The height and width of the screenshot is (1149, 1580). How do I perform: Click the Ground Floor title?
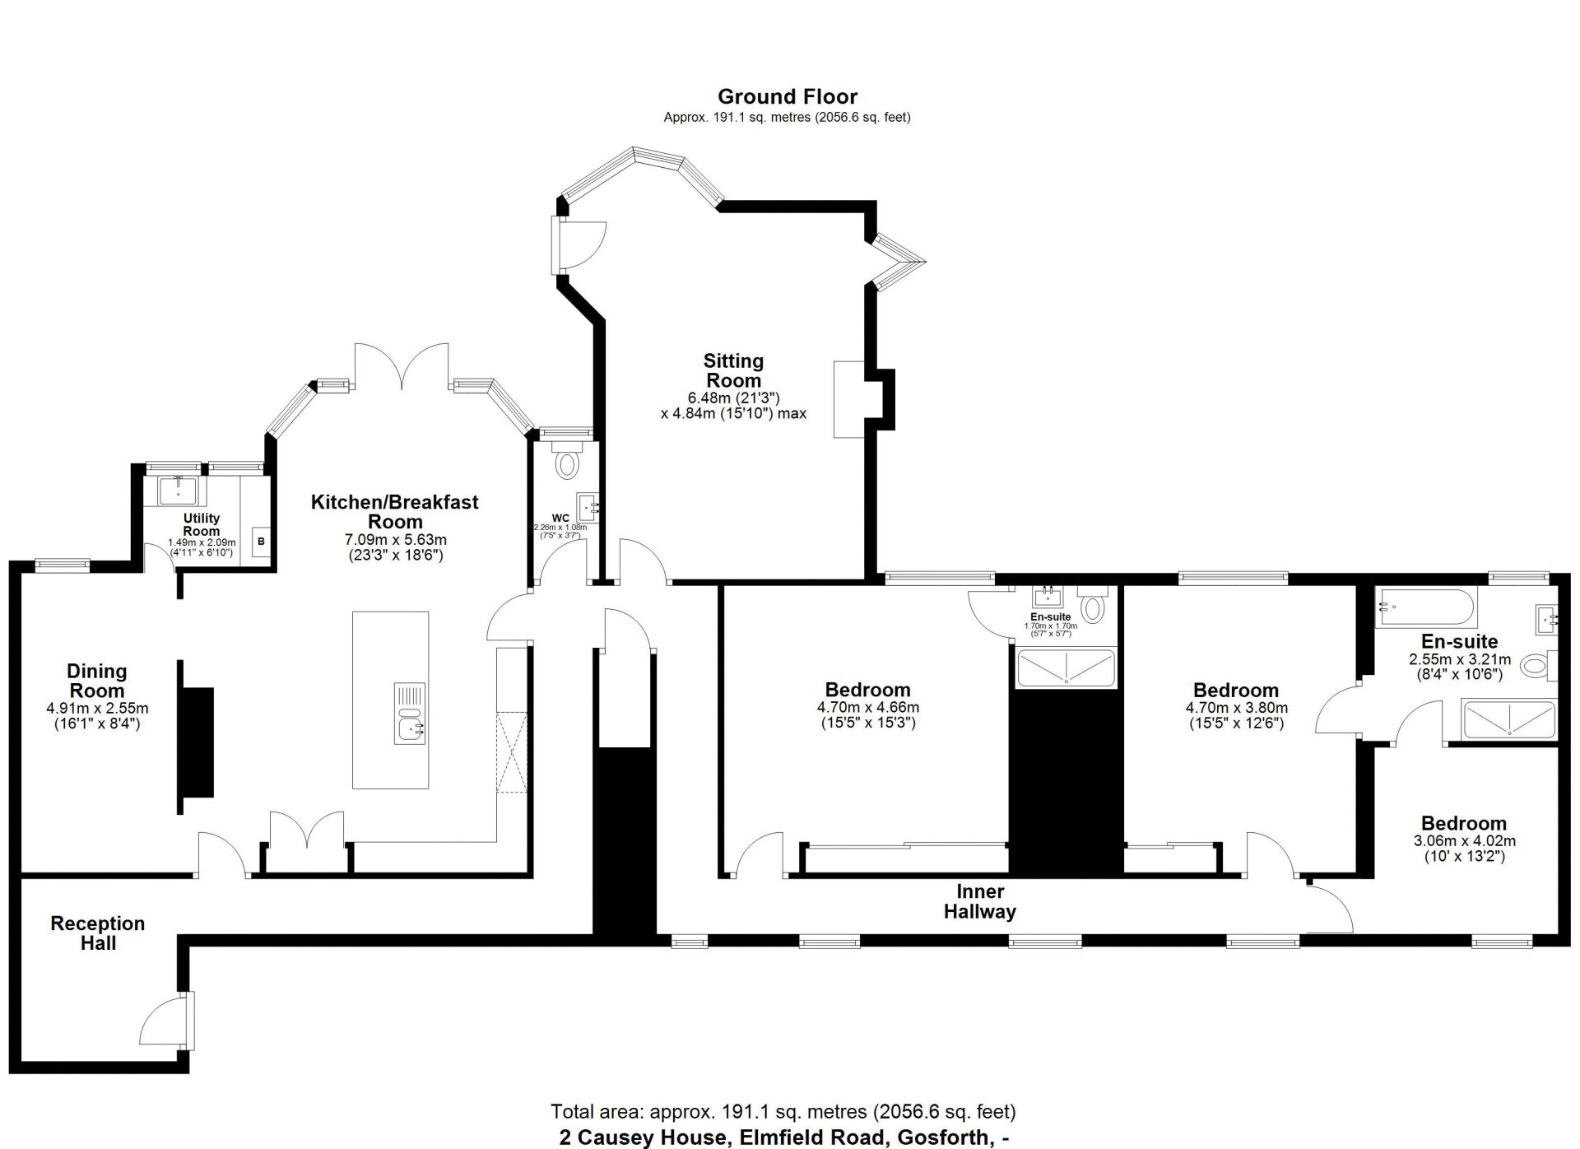787,97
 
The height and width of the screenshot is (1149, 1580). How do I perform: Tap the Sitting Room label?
733,370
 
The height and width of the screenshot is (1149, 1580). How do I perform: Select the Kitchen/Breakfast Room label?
394,511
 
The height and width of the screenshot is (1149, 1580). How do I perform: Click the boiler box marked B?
262,542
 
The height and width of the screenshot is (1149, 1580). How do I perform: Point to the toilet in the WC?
566,463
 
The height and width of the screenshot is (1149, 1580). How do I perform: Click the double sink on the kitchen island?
409,713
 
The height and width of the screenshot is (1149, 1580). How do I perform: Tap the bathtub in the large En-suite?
1426,607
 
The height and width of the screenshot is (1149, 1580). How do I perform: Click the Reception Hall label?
97,933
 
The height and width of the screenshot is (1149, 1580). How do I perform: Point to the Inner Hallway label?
979,901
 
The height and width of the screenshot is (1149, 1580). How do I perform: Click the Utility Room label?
202,524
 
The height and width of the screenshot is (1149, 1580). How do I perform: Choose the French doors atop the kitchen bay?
401,366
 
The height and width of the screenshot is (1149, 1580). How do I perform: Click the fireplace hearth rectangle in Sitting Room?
848,399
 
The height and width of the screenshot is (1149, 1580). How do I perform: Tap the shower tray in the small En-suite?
1066,668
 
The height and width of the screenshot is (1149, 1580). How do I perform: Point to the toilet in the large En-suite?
1536,665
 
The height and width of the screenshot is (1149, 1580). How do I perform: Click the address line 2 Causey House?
784,1137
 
